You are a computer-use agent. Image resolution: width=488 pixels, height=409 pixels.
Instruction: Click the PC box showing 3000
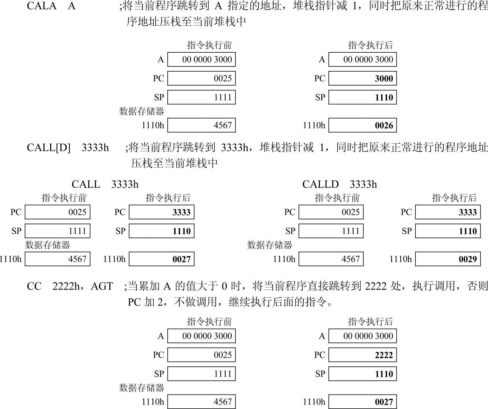click(362, 78)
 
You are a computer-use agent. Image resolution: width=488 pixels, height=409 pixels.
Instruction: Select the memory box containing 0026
click(362, 125)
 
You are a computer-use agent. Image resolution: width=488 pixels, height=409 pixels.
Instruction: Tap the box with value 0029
click(448, 259)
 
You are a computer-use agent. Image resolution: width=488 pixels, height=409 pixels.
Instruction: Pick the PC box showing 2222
click(362, 355)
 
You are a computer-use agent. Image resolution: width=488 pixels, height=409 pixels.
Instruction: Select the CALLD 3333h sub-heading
click(339, 184)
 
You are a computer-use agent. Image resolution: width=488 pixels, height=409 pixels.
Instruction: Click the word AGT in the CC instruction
click(102, 286)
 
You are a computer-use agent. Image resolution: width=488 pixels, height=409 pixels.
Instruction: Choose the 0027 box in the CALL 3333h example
click(162, 259)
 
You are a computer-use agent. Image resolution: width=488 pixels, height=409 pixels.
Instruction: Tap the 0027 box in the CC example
click(362, 402)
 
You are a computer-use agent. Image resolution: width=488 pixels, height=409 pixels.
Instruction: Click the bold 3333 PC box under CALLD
click(448, 212)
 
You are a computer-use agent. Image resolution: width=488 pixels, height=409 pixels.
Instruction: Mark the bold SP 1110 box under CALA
click(362, 97)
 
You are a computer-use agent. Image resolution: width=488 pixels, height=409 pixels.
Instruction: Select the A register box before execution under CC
click(201, 336)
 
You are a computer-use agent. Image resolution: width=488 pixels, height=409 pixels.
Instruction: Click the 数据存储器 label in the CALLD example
click(269, 245)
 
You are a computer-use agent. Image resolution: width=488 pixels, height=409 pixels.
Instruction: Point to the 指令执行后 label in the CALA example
click(370, 45)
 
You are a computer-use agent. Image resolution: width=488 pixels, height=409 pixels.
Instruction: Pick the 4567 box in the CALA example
click(201, 125)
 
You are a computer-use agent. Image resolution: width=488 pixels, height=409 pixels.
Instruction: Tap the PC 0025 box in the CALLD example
click(331, 212)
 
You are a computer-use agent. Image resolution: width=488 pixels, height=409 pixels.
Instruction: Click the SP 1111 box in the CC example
click(201, 374)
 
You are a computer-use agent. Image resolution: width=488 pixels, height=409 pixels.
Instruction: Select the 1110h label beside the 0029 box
click(400, 259)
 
